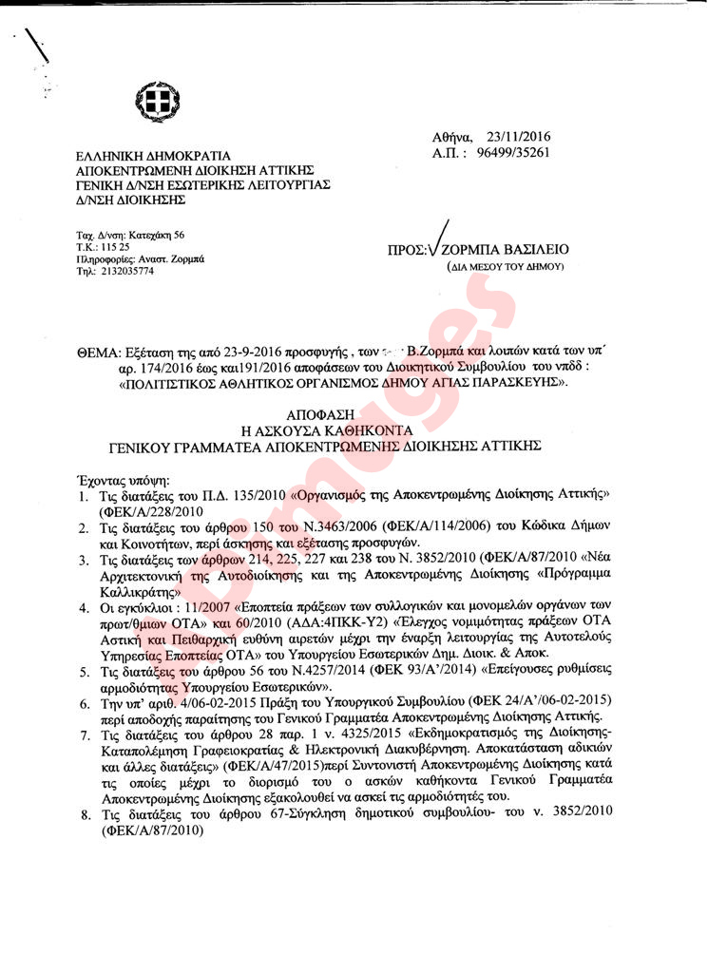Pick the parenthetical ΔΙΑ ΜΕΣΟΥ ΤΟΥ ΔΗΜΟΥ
tap(505, 267)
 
